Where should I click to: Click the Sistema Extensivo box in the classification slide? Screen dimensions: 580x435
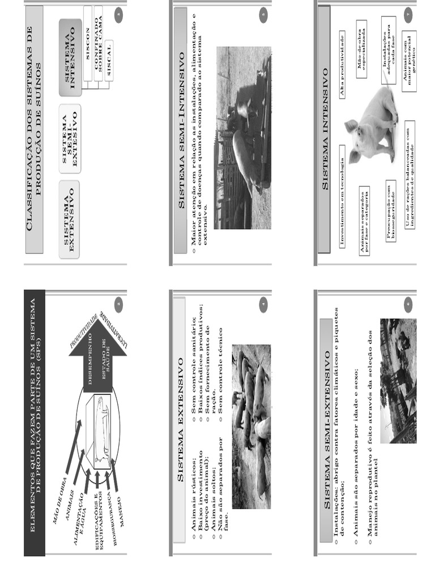[70, 219]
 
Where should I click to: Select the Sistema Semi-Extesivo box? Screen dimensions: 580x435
[70, 139]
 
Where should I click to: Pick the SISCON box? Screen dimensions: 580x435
[88, 27]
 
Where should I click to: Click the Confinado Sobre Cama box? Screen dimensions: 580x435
[99, 27]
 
